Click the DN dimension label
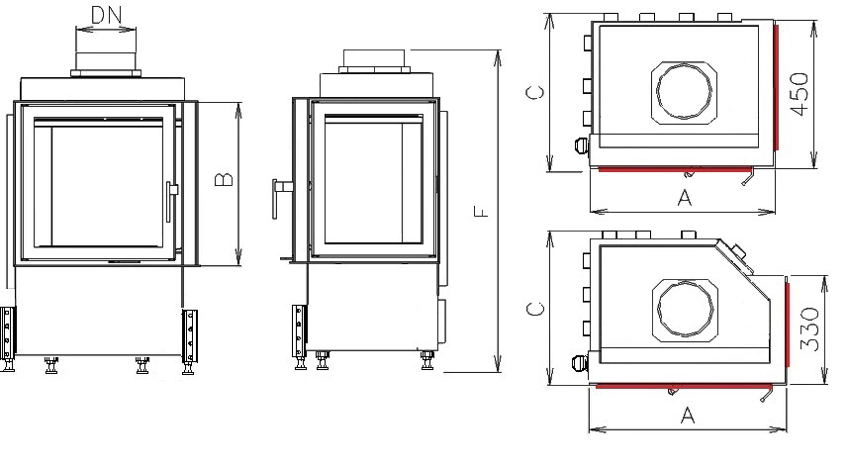coord(107,15)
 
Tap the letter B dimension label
coord(224,180)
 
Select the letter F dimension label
coord(481,211)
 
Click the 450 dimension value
coord(800,94)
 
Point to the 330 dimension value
coord(809,328)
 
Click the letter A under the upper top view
coord(685,198)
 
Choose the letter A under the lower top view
coord(688,416)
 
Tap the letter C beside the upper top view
coord(535,92)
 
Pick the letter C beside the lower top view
coord(535,309)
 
